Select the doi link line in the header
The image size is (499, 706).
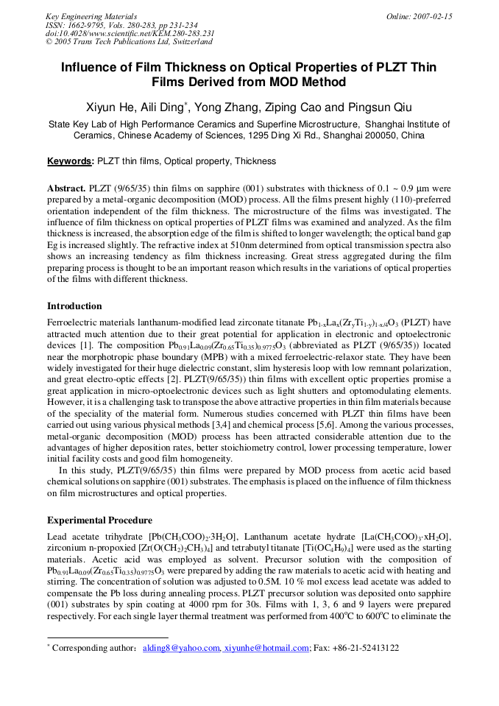[130, 34]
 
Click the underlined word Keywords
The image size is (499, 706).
[71, 161]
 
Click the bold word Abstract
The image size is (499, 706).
[66, 188]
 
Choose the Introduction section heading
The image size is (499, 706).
[74, 306]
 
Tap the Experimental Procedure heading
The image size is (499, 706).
[99, 520]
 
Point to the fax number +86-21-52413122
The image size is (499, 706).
[367, 648]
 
